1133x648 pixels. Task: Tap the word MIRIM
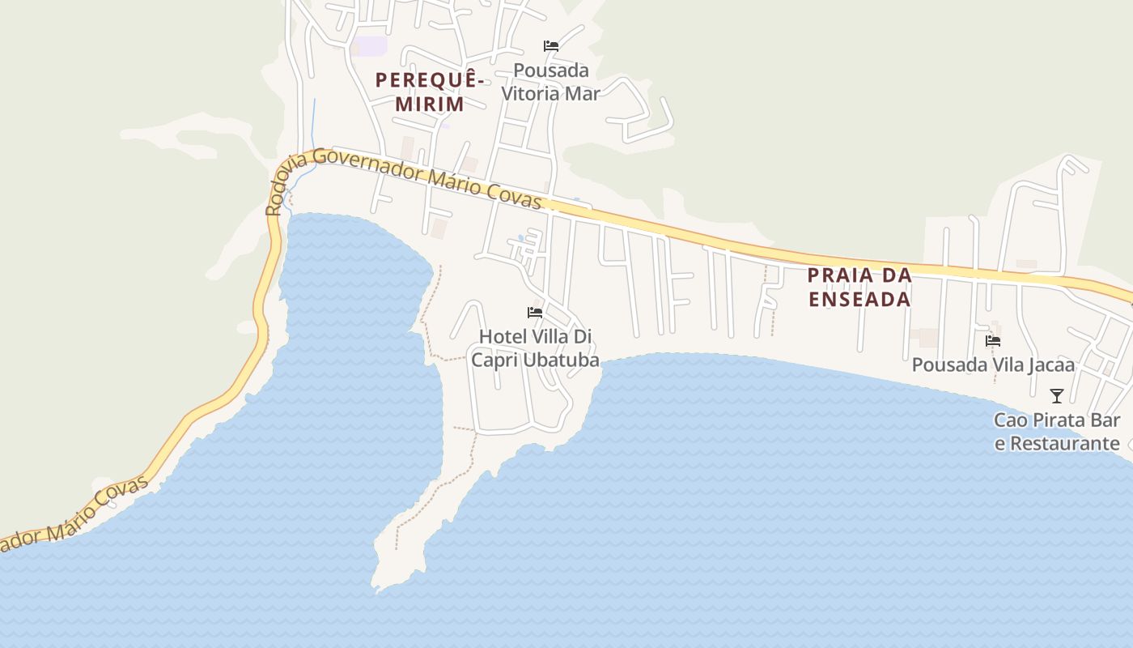pos(430,104)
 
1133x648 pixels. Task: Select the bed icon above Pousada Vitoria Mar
pos(551,46)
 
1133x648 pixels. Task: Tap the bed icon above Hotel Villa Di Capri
pos(534,312)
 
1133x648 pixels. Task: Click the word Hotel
pos(502,336)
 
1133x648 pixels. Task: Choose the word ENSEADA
pos(859,299)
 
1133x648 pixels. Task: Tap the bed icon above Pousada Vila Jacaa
pos(993,341)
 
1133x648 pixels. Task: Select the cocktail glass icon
pos(1057,396)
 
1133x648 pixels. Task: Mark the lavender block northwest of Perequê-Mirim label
pos(371,46)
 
